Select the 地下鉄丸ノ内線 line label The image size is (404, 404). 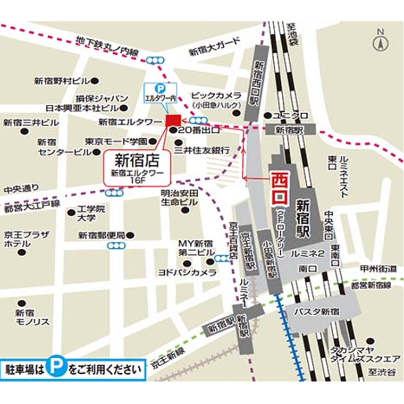(x=107, y=46)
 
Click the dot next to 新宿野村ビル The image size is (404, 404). (x=95, y=81)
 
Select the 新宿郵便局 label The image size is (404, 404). (x=102, y=235)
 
